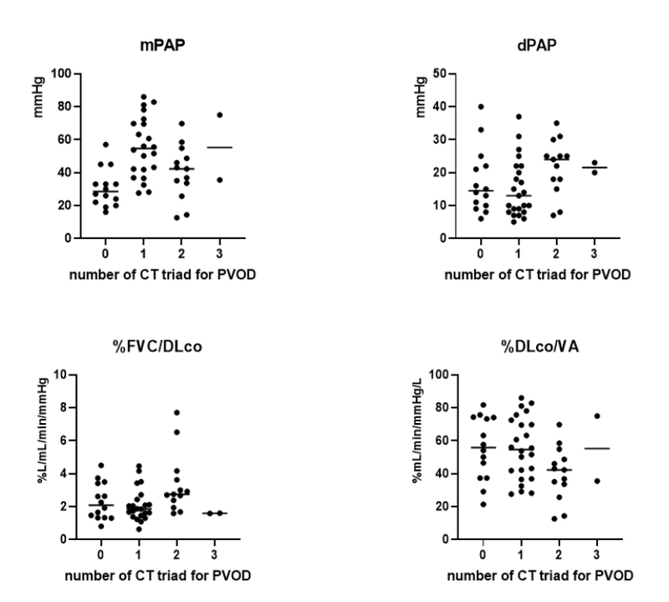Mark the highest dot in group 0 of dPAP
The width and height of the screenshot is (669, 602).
[481, 106]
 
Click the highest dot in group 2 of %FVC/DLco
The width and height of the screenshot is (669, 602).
[176, 412]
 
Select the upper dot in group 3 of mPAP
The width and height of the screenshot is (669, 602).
[219, 115]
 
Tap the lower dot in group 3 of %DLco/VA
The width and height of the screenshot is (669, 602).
[598, 481]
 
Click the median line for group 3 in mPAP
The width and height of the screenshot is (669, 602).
[219, 147]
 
